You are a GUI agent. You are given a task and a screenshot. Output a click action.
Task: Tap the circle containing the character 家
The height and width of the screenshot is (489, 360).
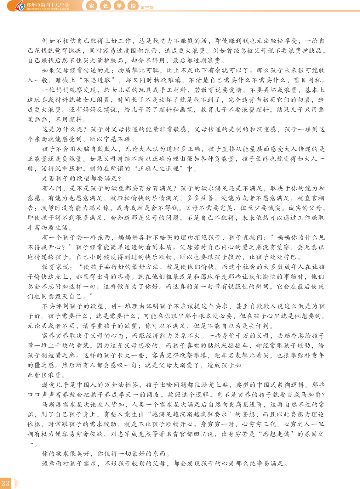[92, 6]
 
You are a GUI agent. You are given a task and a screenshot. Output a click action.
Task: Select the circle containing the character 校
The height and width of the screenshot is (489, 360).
[133, 6]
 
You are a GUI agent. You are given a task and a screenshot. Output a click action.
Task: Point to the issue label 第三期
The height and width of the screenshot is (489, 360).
[147, 8]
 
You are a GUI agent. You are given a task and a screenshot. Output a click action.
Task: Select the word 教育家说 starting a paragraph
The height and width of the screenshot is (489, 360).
[56, 267]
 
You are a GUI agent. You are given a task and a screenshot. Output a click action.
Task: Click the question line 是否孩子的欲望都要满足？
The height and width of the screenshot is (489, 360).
[82, 179]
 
